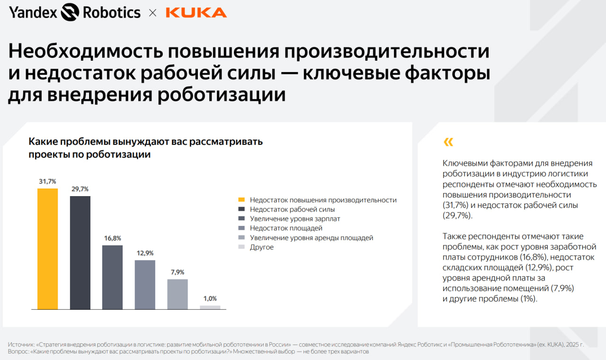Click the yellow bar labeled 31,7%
(x=48, y=249)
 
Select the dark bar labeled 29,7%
(x=80, y=252)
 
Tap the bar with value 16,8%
(x=113, y=277)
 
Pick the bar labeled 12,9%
(x=145, y=285)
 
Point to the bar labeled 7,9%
(x=178, y=294)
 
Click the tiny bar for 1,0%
(x=210, y=307)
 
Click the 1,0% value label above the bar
(x=210, y=298)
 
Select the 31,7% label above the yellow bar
(x=48, y=181)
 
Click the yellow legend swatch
(x=241, y=200)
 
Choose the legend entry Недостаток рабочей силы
(x=292, y=209)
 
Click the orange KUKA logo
(x=196, y=12)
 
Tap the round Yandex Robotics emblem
(x=70, y=12)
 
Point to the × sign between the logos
(x=152, y=13)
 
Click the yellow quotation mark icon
(x=448, y=142)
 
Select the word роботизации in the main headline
(x=222, y=94)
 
